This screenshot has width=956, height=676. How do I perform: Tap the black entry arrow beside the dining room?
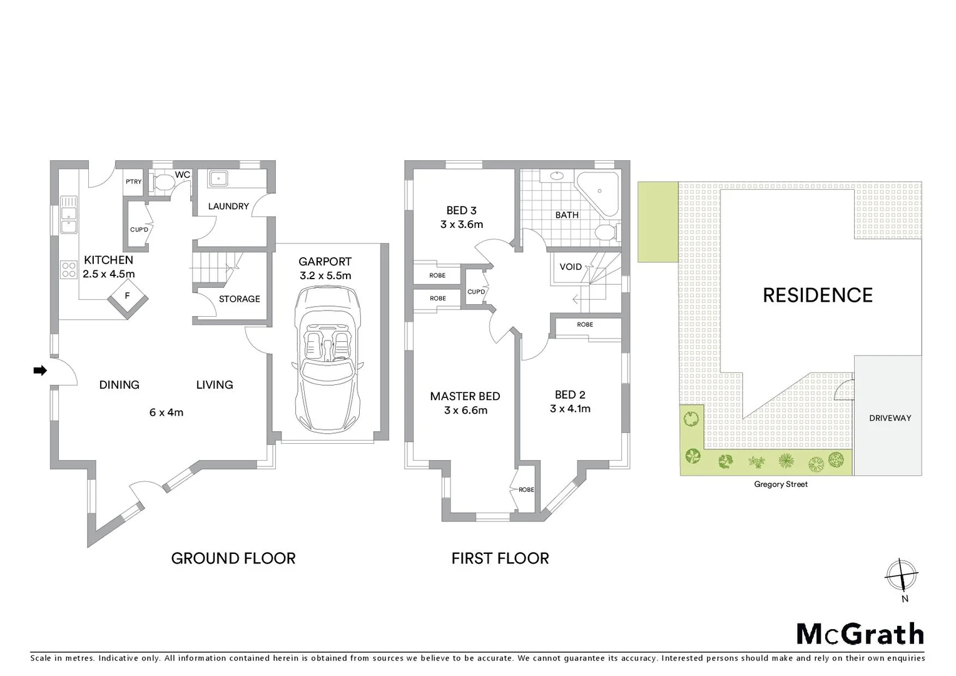40,371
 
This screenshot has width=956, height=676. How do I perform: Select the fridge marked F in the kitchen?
128,297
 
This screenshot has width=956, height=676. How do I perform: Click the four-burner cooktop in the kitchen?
68,270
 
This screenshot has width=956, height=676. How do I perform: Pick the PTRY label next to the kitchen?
134,182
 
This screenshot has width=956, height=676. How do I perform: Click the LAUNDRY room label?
228,206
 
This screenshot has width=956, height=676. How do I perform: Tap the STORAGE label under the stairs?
239,299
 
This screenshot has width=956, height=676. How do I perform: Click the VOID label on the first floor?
570,267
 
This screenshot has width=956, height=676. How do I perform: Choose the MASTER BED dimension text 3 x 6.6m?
465,411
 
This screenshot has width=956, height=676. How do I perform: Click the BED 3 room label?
461,210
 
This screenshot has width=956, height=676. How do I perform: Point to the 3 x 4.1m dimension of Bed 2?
570,409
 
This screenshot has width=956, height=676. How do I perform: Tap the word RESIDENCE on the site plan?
817,295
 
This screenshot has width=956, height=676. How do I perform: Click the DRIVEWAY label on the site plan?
890,418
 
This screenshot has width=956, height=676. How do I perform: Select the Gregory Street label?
780,484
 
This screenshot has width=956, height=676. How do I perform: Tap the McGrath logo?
860,633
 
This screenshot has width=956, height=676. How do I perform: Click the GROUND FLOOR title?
233,558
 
